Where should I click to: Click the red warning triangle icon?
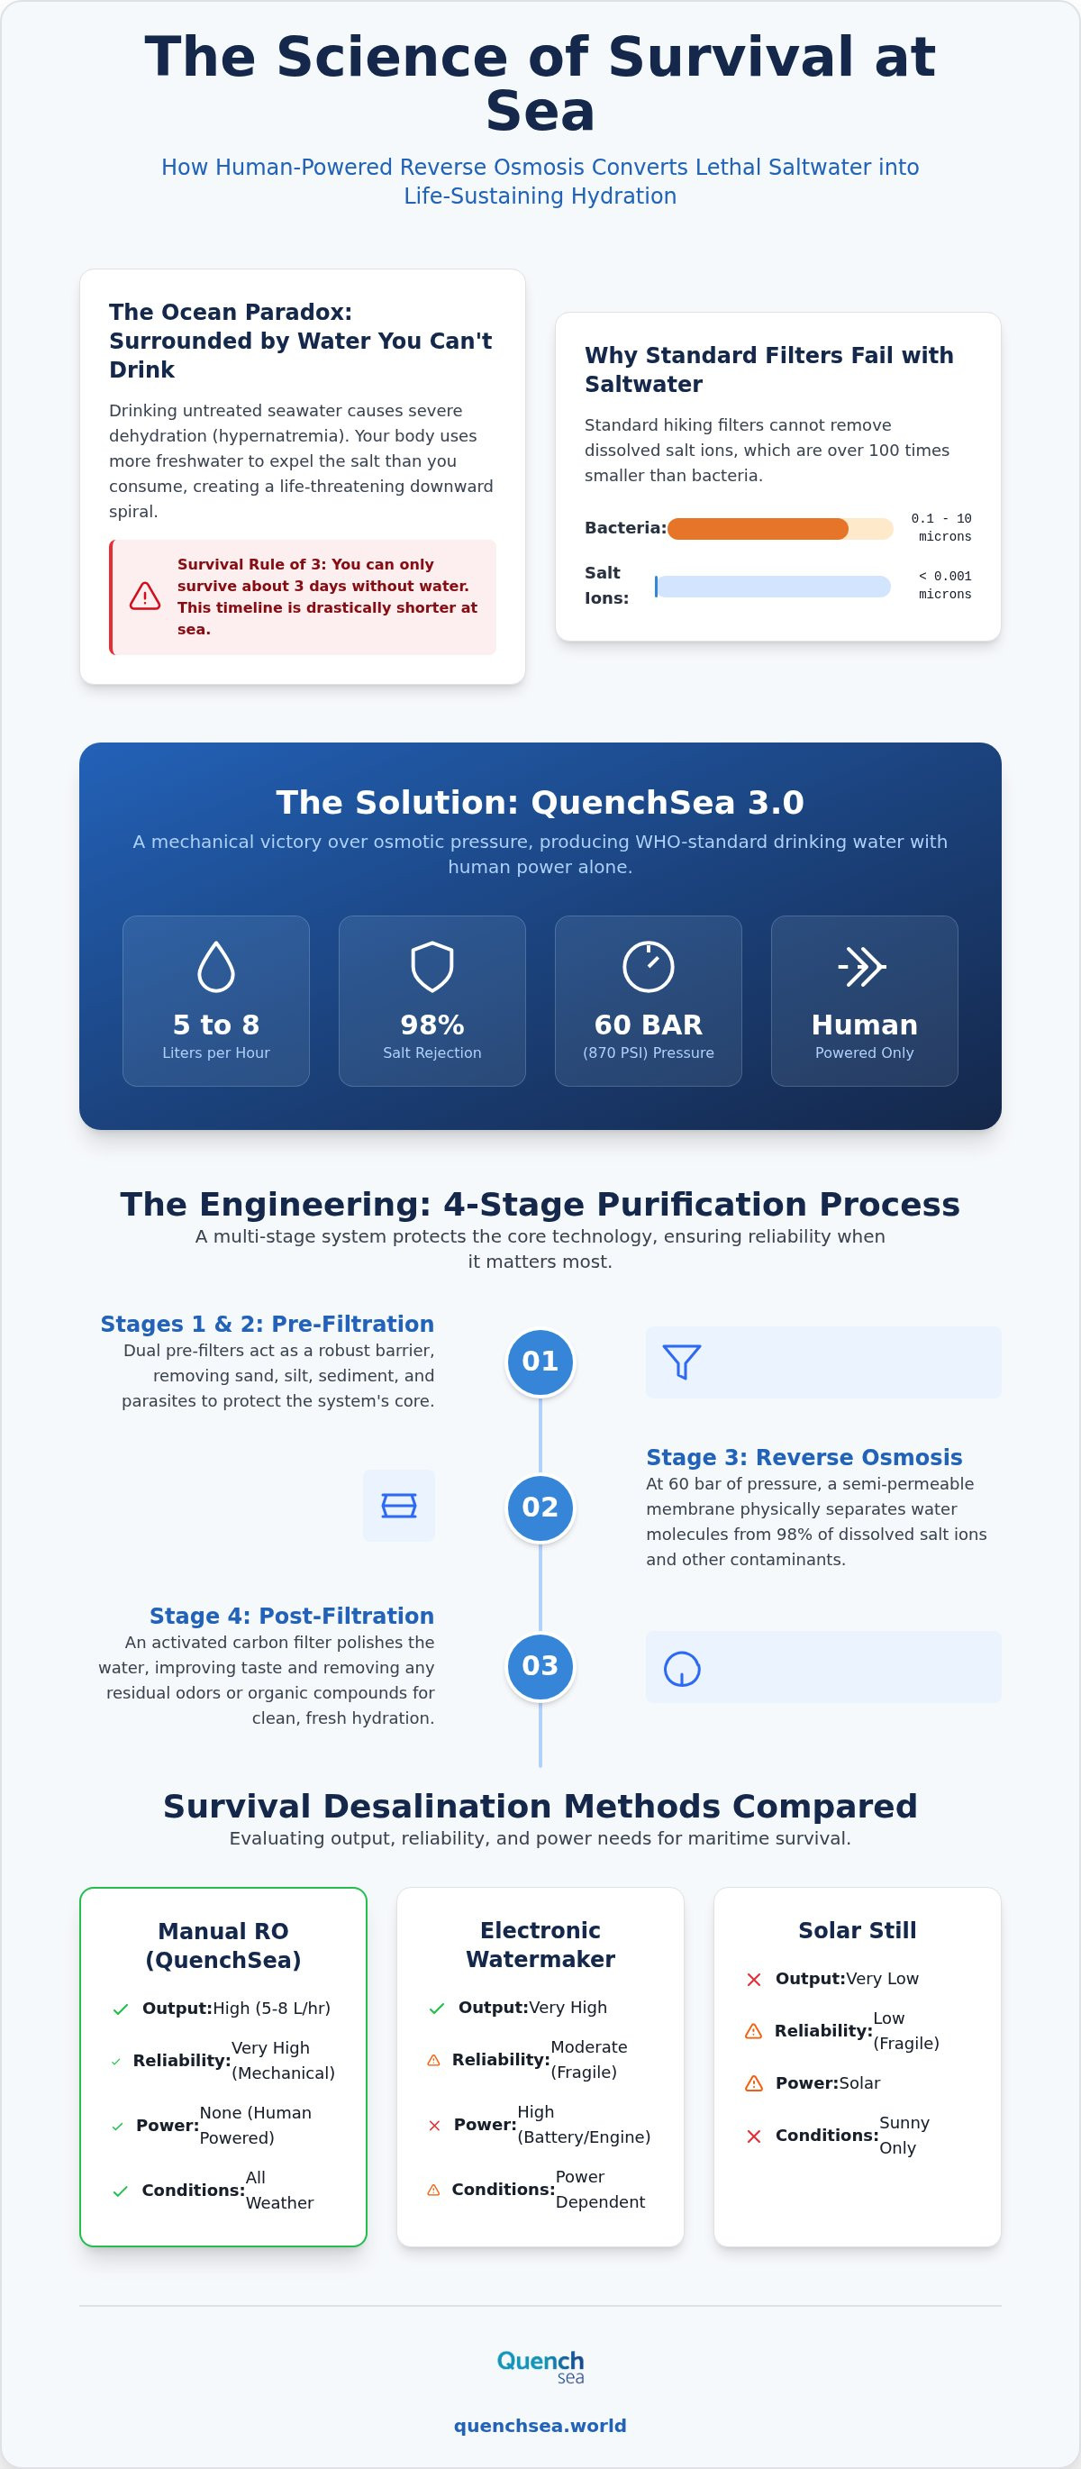point(145,597)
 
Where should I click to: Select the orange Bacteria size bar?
point(758,528)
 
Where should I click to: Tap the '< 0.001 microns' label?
point(945,586)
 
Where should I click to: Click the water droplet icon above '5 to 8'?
point(215,966)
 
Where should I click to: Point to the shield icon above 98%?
point(432,966)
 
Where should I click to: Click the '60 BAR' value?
point(648,1025)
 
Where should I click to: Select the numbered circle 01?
point(540,1362)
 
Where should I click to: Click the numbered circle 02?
point(540,1508)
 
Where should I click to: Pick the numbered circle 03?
point(540,1666)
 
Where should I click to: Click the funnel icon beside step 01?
point(682,1362)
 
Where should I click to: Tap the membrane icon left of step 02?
point(399,1506)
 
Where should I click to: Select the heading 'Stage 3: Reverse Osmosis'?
point(804,1457)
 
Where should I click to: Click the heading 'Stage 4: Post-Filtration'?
point(291,1616)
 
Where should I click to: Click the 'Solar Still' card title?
point(858,1930)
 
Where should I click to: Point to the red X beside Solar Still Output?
point(754,1979)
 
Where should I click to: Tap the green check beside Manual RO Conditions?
point(121,2191)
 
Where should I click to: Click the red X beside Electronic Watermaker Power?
point(434,2125)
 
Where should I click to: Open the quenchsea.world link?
point(540,2426)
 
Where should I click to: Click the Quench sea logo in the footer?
point(540,2365)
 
